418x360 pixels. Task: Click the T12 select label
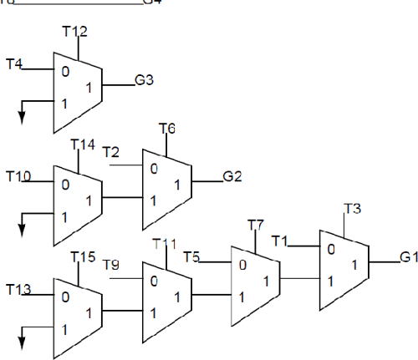click(x=75, y=32)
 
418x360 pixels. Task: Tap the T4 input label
click(x=14, y=63)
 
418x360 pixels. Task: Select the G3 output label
click(x=144, y=82)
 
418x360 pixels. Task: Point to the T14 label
click(x=84, y=145)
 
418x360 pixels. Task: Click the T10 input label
click(x=18, y=176)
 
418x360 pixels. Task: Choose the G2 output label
click(x=232, y=176)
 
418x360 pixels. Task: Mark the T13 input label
click(x=18, y=289)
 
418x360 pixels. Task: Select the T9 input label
click(x=111, y=265)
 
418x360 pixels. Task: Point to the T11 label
click(x=165, y=244)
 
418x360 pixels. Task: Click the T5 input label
click(x=191, y=256)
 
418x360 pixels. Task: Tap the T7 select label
click(x=256, y=226)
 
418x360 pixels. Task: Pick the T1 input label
click(x=280, y=242)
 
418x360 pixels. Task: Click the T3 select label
click(x=353, y=208)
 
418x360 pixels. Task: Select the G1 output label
click(x=408, y=257)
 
